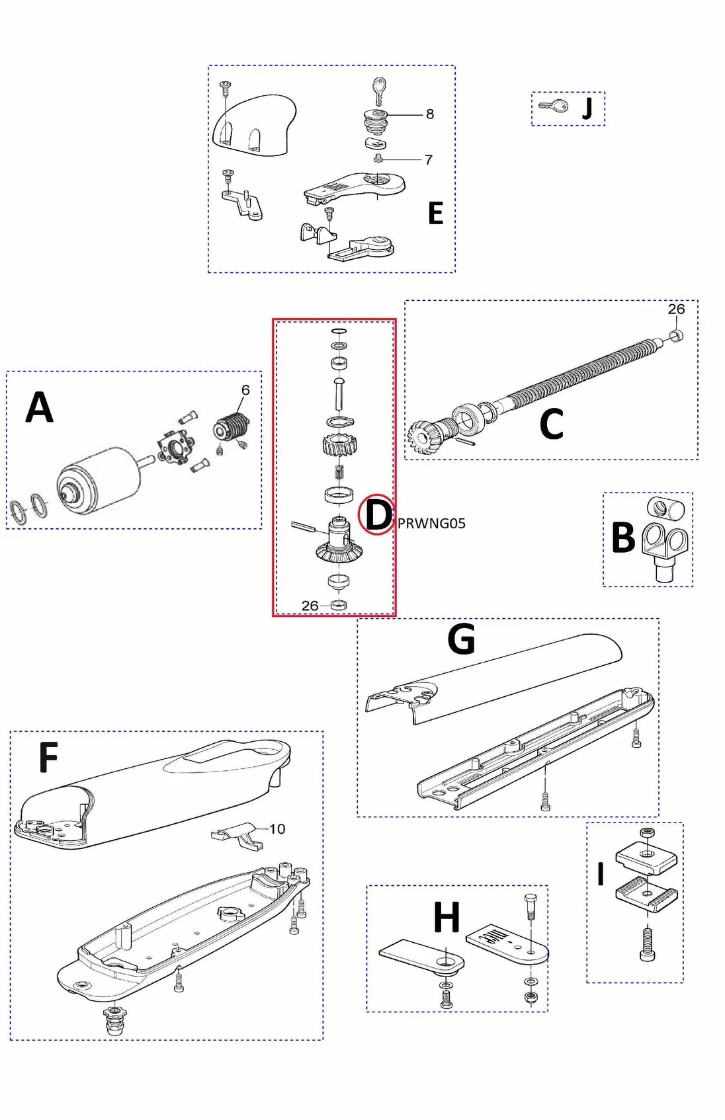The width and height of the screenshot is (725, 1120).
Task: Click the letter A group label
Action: click(x=39, y=407)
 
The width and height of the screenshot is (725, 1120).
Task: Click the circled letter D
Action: click(x=378, y=515)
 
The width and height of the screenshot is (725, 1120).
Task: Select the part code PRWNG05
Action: click(x=431, y=523)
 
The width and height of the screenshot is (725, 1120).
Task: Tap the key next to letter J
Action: click(x=553, y=106)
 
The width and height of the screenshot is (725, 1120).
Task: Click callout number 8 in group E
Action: click(x=430, y=114)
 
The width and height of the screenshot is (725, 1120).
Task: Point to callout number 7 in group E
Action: click(x=429, y=159)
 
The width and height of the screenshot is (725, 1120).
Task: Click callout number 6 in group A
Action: click(x=245, y=390)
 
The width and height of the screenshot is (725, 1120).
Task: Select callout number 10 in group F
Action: click(x=277, y=829)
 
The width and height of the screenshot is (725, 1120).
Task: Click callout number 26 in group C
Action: click(x=676, y=309)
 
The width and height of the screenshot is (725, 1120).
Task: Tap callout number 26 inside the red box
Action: click(x=310, y=606)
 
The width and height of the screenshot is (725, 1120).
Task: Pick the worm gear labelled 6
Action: click(x=232, y=427)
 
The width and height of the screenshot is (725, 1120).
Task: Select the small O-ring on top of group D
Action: click(x=339, y=331)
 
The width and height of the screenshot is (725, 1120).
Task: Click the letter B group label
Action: click(x=623, y=537)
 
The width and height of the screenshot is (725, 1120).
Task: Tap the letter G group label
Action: click(x=461, y=639)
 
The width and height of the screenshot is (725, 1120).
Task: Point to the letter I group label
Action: click(x=601, y=874)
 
